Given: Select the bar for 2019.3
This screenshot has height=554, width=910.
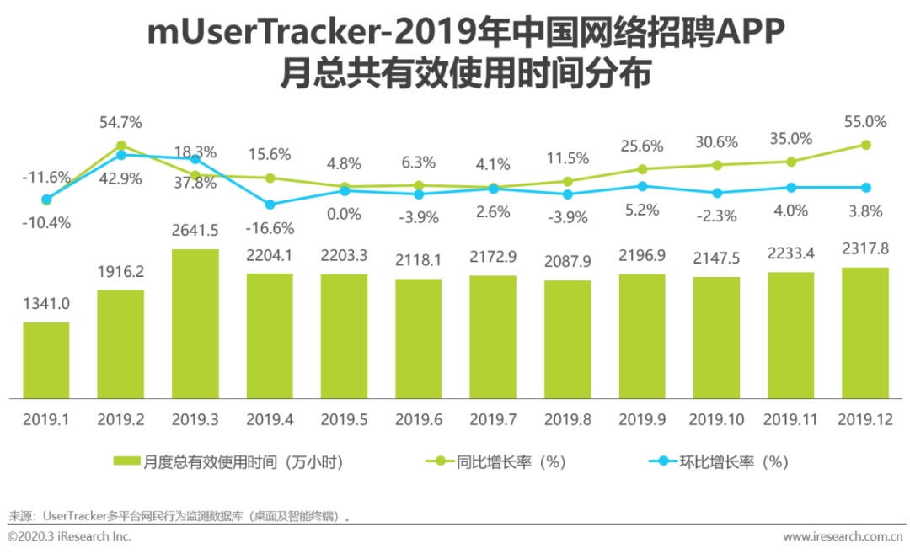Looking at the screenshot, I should click(195, 324).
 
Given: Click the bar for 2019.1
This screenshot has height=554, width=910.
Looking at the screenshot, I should click(46, 360).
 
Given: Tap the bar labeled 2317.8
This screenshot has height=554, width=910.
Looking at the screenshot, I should click(865, 333).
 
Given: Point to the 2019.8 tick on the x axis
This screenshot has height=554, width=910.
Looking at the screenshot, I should click(567, 418).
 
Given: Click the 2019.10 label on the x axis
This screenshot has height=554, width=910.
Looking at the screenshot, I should click(716, 418).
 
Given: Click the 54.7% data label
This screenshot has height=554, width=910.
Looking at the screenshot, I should click(120, 123).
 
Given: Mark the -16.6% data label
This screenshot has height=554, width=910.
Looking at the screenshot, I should click(269, 228).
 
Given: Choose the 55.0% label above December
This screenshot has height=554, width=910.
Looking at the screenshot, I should click(865, 122).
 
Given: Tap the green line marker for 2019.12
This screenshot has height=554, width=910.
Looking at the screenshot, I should click(865, 145).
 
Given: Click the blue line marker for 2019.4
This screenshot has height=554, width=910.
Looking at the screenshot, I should click(270, 205).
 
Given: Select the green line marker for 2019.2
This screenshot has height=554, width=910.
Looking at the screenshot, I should click(120, 146).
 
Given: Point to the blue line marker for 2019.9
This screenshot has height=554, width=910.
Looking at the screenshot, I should click(642, 186).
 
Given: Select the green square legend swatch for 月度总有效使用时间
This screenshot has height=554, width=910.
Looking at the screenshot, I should click(126, 461).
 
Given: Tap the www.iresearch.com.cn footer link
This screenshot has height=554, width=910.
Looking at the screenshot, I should click(842, 536).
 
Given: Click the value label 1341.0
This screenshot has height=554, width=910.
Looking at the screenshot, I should click(46, 304).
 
